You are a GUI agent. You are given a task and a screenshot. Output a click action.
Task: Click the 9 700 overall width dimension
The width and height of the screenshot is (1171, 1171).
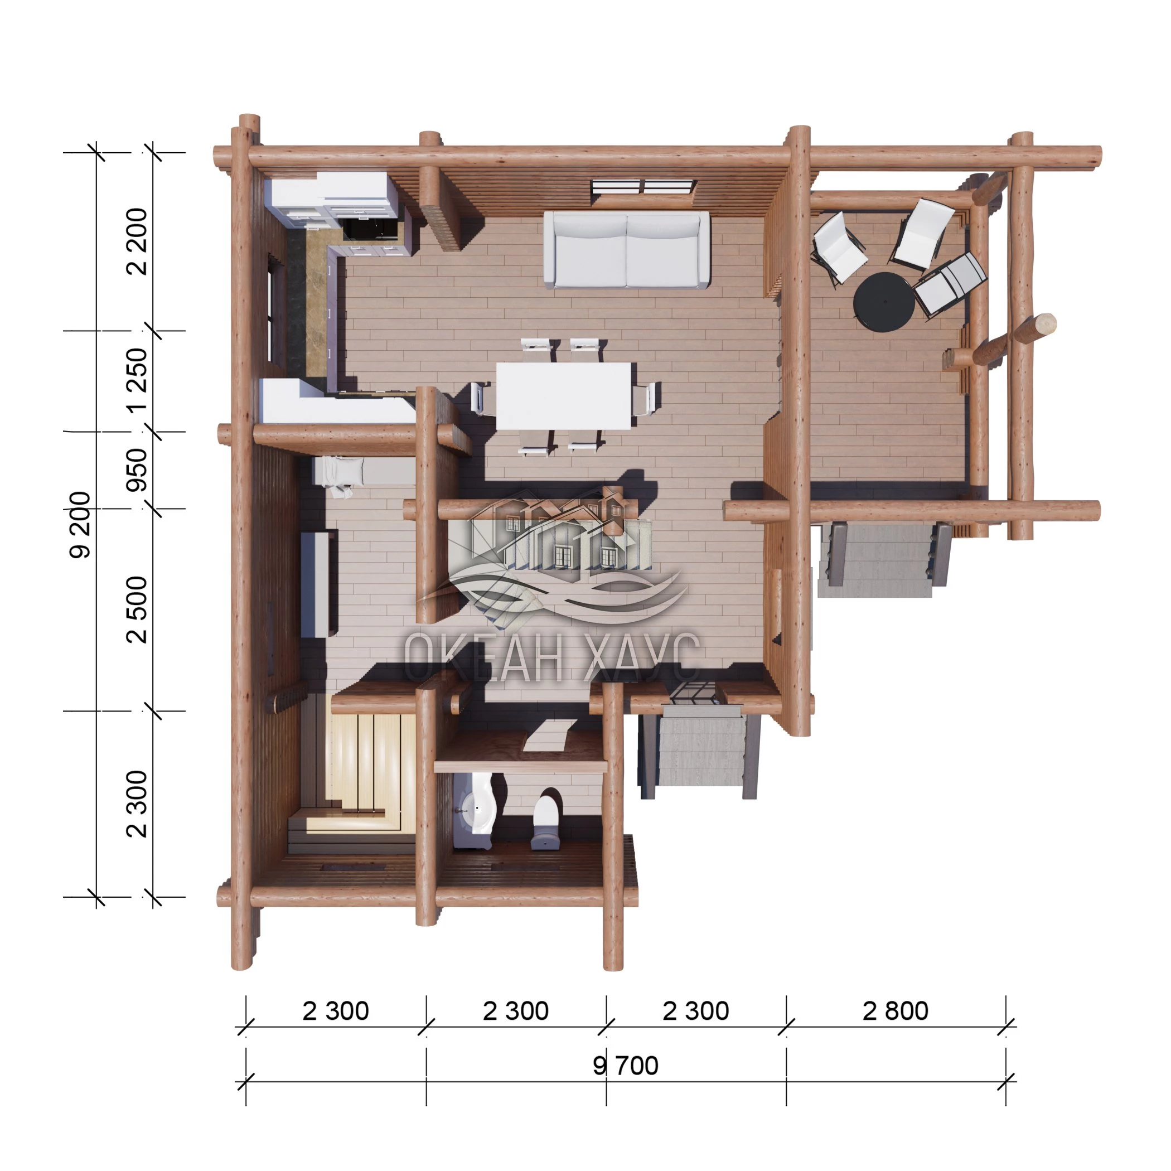coord(626,1066)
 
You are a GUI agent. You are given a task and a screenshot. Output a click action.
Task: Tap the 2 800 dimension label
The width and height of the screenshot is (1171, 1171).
coord(895,1011)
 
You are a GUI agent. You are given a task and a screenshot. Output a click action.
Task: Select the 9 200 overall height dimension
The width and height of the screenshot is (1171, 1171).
coord(80,524)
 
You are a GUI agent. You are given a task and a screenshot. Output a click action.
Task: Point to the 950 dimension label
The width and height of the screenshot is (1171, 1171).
coord(137,470)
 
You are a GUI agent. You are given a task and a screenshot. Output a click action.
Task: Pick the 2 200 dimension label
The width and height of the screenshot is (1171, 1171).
coord(137,241)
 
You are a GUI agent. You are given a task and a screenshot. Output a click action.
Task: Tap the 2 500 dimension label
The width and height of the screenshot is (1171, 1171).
coord(137,609)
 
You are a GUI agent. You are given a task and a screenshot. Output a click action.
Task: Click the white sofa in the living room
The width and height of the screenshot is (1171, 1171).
coord(626,250)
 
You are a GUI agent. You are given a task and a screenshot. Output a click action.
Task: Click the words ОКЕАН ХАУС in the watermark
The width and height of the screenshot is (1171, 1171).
coord(551,657)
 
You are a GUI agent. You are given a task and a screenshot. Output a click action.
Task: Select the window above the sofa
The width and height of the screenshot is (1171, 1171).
coord(643,187)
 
